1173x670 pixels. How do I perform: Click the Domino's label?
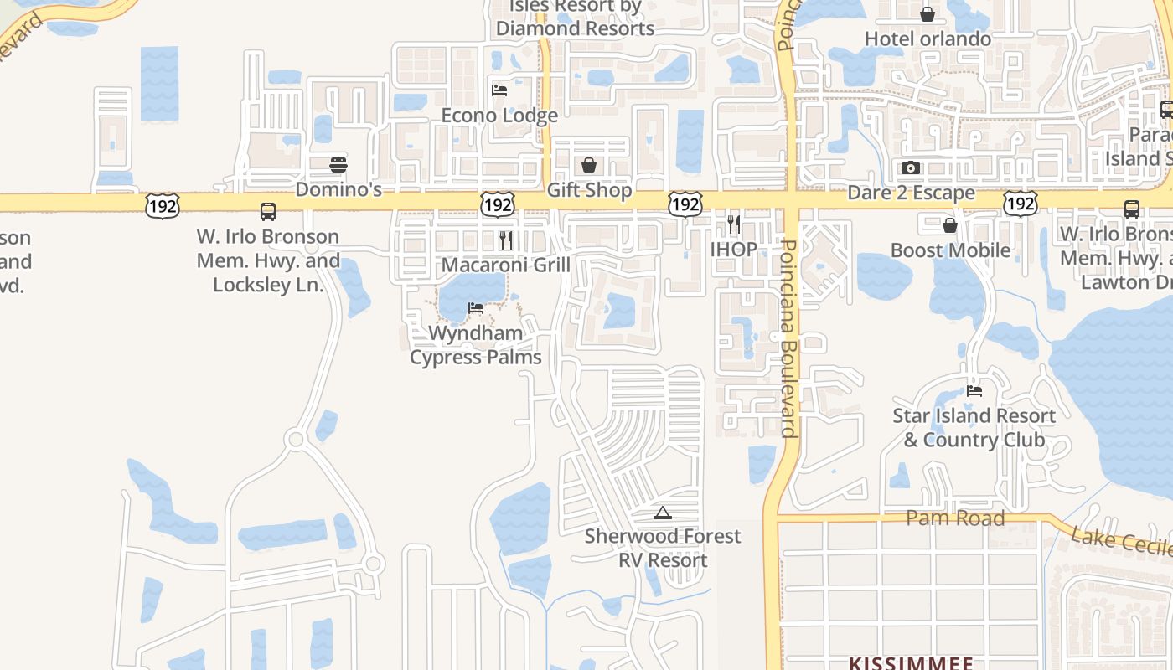[338, 189]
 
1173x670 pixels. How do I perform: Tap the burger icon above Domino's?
[338, 164]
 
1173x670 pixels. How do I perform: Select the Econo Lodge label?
[499, 116]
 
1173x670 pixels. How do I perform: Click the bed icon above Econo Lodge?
[499, 90]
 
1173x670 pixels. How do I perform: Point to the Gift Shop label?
[589, 190]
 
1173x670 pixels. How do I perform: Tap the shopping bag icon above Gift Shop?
[589, 165]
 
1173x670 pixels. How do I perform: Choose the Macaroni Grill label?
[505, 265]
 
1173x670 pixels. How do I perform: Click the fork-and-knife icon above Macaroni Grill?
[505, 240]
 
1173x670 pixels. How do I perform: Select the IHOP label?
[734, 249]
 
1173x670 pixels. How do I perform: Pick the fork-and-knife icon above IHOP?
[734, 224]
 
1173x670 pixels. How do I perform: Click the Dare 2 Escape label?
[911, 193]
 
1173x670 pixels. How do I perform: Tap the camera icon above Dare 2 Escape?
[911, 167]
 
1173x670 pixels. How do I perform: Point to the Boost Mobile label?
[950, 250]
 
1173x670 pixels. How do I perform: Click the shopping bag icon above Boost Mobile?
[950, 225]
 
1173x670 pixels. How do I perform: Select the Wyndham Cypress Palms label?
[475, 345]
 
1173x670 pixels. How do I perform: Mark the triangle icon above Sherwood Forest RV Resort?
[663, 513]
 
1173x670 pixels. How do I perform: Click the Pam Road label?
[955, 518]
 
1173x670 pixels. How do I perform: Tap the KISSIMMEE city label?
[911, 663]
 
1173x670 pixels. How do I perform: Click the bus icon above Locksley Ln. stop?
[268, 211]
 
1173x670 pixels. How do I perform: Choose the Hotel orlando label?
[928, 39]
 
